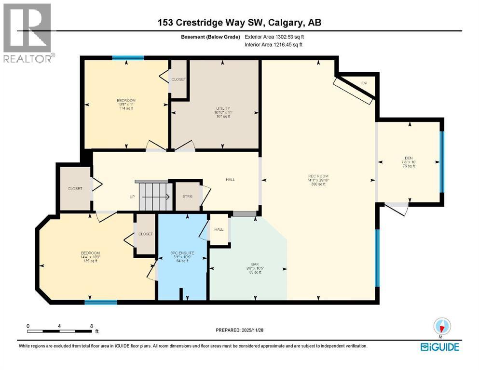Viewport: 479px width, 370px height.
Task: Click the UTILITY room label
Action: click(x=222, y=108)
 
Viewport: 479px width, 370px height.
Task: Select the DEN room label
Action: click(x=409, y=158)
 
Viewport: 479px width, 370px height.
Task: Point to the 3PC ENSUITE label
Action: click(x=182, y=253)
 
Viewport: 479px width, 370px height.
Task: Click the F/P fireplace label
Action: click(x=364, y=83)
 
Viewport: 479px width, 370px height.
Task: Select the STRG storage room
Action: click(x=186, y=196)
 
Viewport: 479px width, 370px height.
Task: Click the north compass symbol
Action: click(x=442, y=327)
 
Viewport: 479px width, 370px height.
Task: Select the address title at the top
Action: click(x=239, y=23)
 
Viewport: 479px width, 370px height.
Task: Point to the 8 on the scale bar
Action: click(x=91, y=326)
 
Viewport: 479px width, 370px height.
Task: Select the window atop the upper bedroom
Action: click(x=128, y=58)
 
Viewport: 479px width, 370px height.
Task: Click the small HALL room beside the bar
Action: click(x=219, y=229)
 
